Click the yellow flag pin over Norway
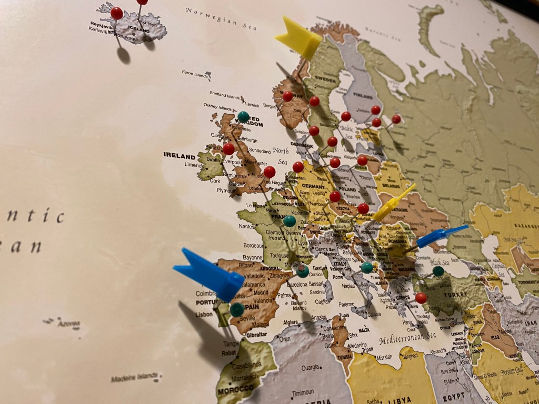298,37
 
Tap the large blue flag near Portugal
208,274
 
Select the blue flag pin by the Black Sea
442,235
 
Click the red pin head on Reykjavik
117,13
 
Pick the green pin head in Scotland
243,116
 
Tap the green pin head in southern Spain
237,309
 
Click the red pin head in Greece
421,298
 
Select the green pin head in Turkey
438,271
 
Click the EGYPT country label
454,395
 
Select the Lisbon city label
203,314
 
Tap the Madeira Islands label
134,377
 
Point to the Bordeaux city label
253,246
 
